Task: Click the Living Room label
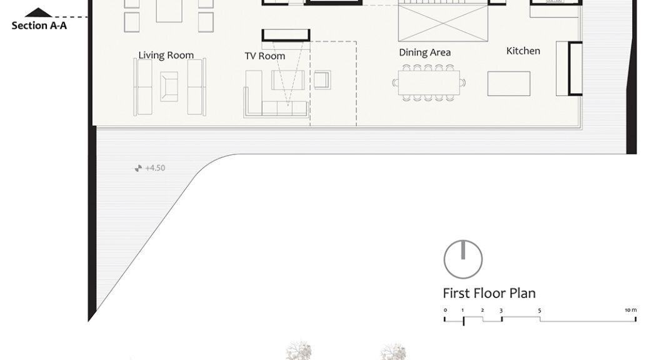(x=166, y=56)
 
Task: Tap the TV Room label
(x=265, y=56)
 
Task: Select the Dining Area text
(x=425, y=52)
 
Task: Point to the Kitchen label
(x=523, y=51)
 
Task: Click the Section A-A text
(x=39, y=26)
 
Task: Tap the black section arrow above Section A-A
(x=38, y=12)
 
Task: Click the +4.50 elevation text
(x=155, y=168)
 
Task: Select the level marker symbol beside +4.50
(x=138, y=168)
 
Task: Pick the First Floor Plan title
(x=489, y=293)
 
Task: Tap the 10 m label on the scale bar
(x=631, y=310)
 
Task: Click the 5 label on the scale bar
(x=540, y=311)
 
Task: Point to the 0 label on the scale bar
(x=445, y=310)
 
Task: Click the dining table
(x=429, y=82)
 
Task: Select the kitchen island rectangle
(x=509, y=84)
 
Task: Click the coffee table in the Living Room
(x=169, y=86)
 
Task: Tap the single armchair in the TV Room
(x=322, y=80)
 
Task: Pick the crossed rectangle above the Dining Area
(x=443, y=22)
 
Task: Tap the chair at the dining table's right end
(x=463, y=82)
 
